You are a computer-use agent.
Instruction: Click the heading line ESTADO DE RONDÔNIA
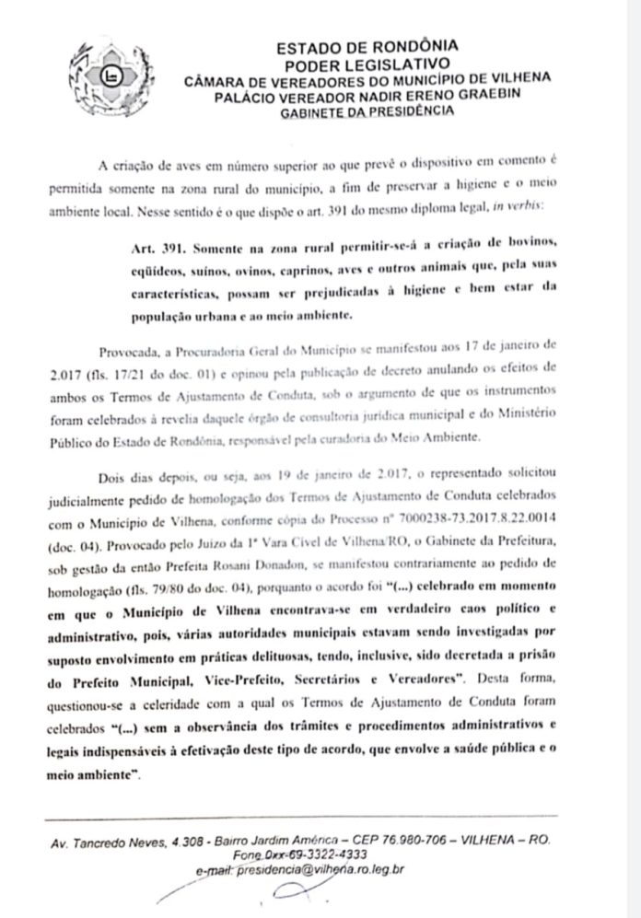(x=367, y=45)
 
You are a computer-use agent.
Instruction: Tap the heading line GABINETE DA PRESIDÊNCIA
(x=367, y=110)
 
